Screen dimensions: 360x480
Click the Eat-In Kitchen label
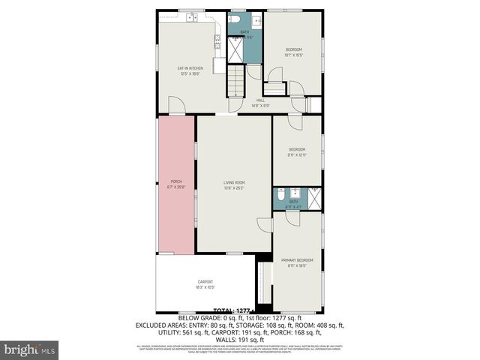pos(190,70)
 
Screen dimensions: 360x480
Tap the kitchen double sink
pos(191,16)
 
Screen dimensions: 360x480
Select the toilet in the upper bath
pos(234,18)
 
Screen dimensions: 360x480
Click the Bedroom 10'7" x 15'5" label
pos(293,52)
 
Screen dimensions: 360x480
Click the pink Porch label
pos(176,184)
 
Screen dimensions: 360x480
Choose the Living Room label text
pos(234,184)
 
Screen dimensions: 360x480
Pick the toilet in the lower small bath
pos(280,194)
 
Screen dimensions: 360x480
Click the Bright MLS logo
pos(30,349)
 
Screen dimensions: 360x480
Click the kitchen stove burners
pos(218,43)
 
